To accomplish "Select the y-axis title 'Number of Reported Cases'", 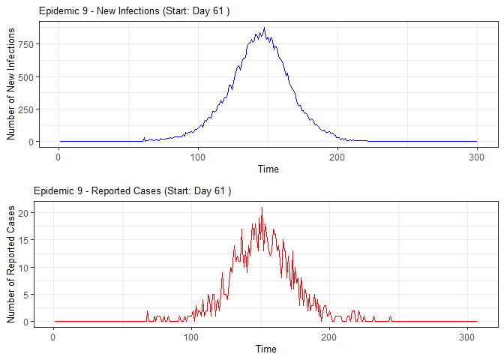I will pyautogui.click(x=11, y=264).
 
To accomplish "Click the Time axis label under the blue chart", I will pyautogui.click(x=268, y=169).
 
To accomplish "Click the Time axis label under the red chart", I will pyautogui.click(x=265, y=349).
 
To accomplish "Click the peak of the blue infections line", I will pyautogui.click(x=264, y=28).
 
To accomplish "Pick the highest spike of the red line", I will pyautogui.click(x=262, y=208).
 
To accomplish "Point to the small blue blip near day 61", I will pyautogui.click(x=144, y=138).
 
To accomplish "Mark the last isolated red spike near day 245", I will pyautogui.click(x=391, y=317).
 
